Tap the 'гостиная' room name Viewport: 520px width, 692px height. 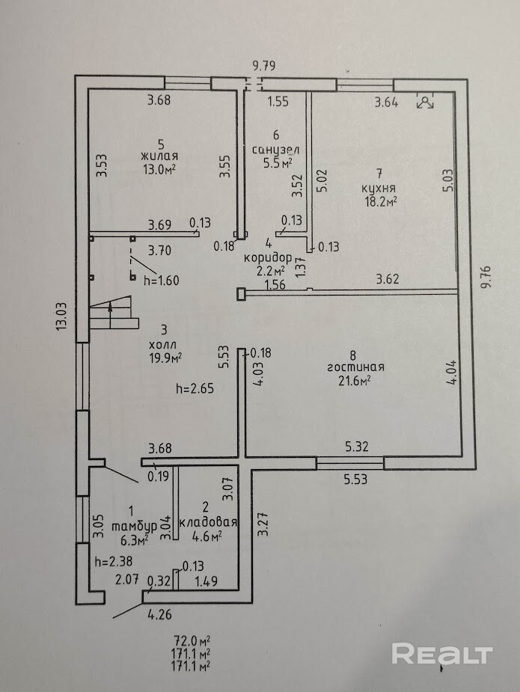click(x=355, y=367)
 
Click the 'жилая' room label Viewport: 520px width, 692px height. click(x=160, y=156)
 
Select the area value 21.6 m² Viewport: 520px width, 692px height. click(x=355, y=380)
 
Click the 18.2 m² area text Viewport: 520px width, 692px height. click(x=381, y=201)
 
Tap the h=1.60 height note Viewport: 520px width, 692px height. click(x=163, y=280)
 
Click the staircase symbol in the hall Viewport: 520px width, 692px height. click(x=114, y=313)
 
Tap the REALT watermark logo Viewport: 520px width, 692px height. click(x=442, y=654)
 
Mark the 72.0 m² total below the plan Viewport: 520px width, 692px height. click(x=192, y=641)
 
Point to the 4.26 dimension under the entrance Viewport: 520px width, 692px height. click(x=159, y=616)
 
